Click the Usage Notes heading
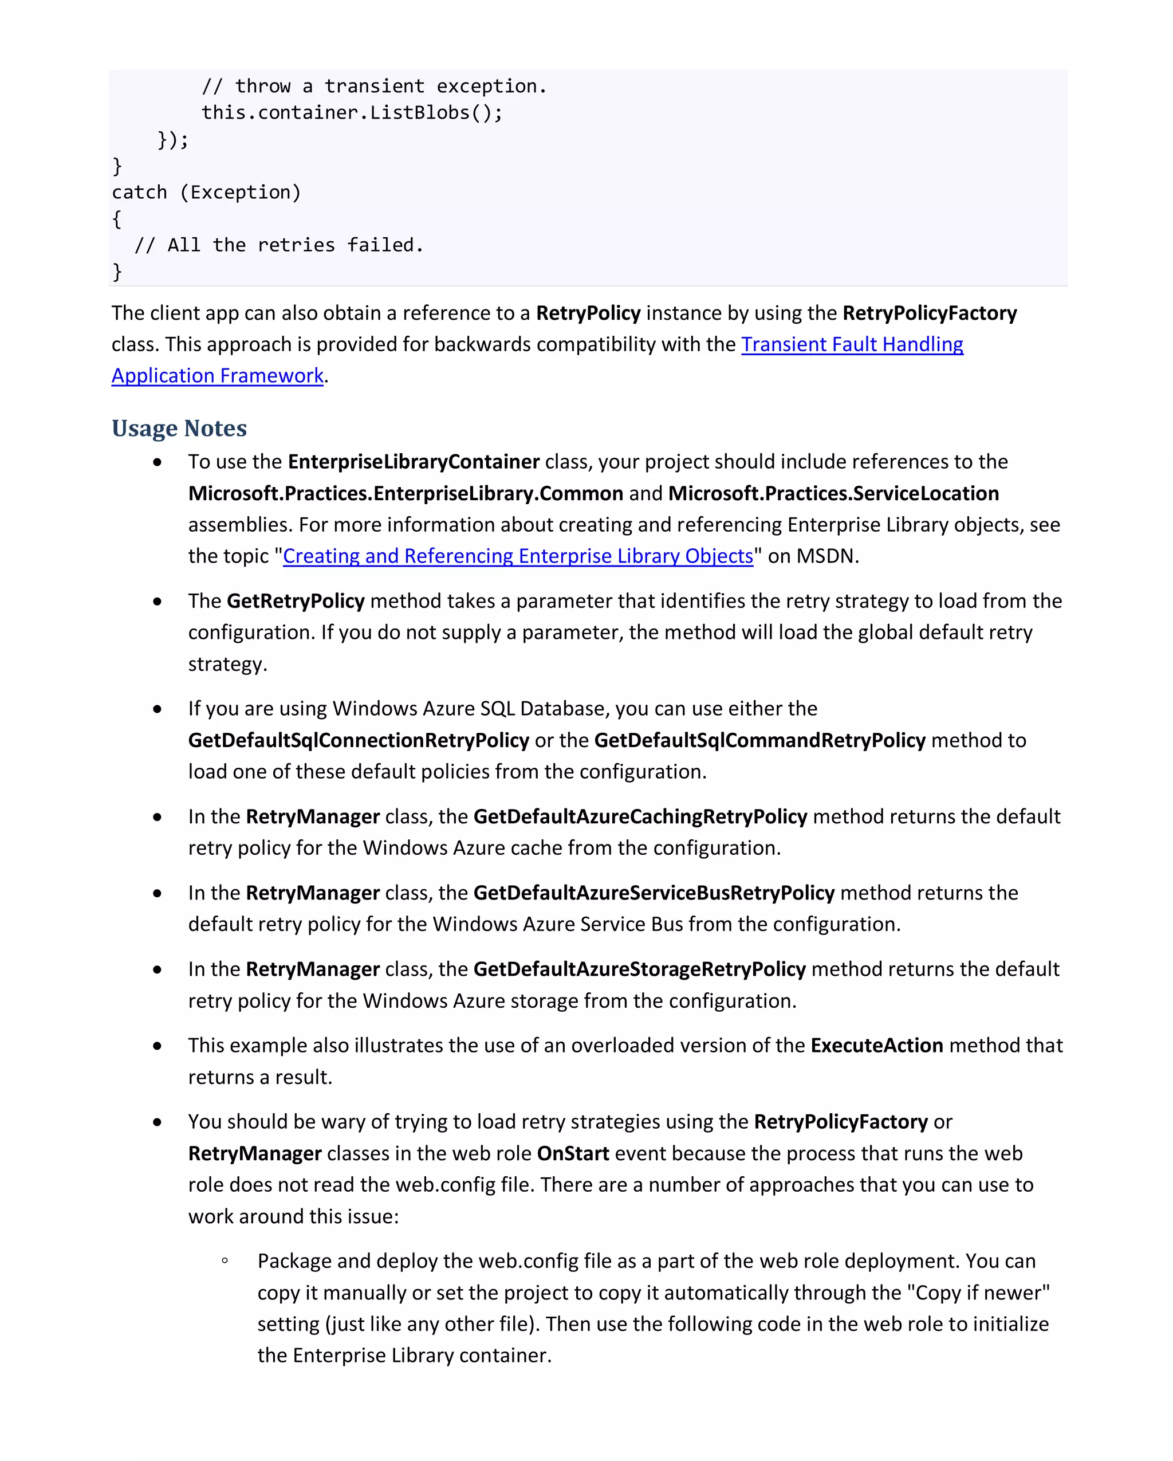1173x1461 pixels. pos(179,428)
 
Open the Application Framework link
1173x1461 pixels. pos(218,375)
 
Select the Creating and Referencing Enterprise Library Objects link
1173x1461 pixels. pos(517,556)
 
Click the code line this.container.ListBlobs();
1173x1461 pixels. pos(352,112)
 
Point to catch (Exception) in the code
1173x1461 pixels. pos(206,193)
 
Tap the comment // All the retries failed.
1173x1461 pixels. pos(278,245)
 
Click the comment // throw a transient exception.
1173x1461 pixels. pos(373,86)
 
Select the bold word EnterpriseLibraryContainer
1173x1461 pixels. pos(413,461)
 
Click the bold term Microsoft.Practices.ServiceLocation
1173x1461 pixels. pos(833,493)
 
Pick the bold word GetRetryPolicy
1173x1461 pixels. pos(296,601)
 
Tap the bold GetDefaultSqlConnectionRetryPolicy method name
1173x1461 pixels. pos(359,740)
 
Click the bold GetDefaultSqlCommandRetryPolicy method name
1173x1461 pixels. pos(759,740)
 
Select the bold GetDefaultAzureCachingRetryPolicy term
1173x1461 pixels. pos(639,816)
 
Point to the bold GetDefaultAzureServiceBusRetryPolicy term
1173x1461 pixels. pos(653,893)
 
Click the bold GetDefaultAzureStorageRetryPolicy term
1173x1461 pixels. pos(639,969)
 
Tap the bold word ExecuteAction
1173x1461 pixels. pos(876,1046)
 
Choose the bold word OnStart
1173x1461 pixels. pos(572,1153)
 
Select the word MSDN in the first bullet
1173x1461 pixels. pos(825,556)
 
